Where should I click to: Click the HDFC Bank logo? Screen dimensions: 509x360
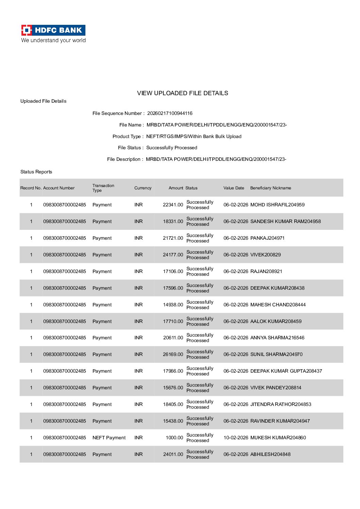(x=53, y=30)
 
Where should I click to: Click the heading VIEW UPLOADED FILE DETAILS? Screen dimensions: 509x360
(x=182, y=93)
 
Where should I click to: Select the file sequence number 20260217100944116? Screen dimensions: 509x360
(x=170, y=113)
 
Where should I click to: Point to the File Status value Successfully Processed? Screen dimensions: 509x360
(x=171, y=148)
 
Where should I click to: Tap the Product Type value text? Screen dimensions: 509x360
(x=194, y=136)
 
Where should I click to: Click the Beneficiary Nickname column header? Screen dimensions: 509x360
(x=271, y=188)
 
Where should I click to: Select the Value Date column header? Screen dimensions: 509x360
(x=234, y=188)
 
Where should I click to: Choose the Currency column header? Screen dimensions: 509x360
(x=143, y=188)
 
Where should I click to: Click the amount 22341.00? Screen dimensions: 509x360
(x=173, y=205)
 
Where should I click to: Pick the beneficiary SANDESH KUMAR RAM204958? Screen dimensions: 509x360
(x=285, y=221)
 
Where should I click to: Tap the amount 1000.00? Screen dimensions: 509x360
(x=174, y=438)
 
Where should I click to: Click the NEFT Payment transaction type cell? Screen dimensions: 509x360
(x=109, y=438)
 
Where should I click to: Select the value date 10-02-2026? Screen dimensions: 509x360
(x=236, y=438)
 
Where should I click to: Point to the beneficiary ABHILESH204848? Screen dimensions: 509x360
(x=270, y=454)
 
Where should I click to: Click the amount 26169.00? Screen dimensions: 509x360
(x=173, y=354)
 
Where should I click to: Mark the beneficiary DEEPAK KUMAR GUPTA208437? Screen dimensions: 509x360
(x=286, y=371)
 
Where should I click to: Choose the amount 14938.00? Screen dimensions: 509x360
(x=173, y=305)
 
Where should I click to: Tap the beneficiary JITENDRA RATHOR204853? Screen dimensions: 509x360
(x=281, y=404)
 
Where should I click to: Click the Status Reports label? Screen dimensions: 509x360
(x=36, y=172)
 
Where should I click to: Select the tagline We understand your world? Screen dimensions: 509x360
(x=53, y=40)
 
